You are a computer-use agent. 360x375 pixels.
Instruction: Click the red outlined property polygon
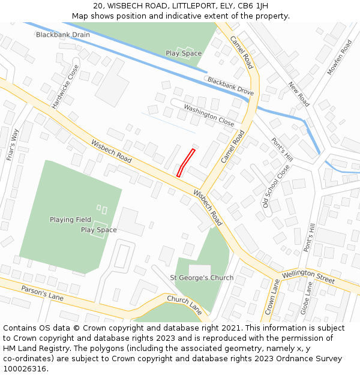(186, 163)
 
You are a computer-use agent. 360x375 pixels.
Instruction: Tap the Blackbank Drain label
(63, 35)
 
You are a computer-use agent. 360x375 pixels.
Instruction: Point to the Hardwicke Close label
(65, 88)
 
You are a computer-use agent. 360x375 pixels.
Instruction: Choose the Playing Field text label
(71, 220)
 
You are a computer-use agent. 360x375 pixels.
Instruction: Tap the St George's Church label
(202, 278)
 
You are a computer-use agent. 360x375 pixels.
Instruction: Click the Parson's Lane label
(42, 292)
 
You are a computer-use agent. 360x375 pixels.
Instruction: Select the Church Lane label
(184, 305)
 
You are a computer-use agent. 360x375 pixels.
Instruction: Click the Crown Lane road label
(272, 293)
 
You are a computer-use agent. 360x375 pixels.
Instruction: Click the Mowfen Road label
(340, 57)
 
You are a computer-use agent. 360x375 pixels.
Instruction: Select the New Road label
(298, 94)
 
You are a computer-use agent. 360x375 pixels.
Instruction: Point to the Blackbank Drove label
(230, 86)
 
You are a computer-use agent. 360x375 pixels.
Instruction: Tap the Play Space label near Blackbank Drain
(184, 53)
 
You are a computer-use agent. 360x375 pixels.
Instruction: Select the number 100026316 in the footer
(25, 368)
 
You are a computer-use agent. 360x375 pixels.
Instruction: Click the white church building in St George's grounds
(200, 269)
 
